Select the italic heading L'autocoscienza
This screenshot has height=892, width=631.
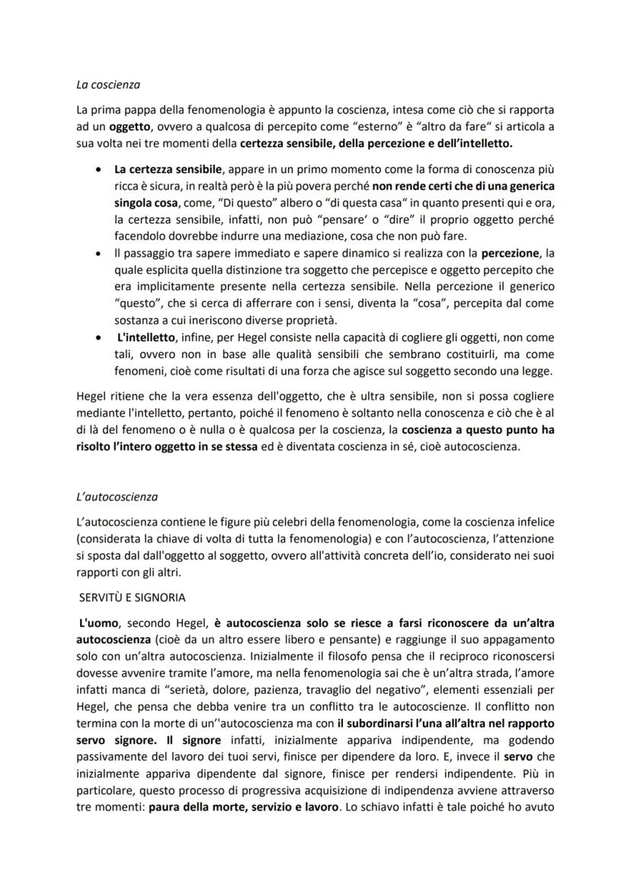coord(117,497)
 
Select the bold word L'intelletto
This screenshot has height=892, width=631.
coord(146,336)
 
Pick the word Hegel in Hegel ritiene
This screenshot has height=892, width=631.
coord(93,396)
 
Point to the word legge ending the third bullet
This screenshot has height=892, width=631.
coord(537,370)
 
